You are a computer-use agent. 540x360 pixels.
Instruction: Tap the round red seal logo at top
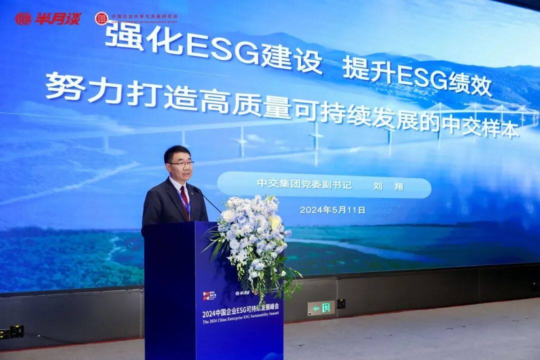pos(101,18)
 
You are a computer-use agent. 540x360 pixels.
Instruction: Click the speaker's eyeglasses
pos(180,163)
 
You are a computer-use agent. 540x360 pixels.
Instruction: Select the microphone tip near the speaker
pos(196,190)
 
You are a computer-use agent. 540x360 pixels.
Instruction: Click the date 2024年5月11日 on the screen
pos(332,210)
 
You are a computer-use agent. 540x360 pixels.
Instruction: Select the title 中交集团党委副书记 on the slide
pos(304,184)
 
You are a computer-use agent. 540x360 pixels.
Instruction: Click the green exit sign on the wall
pos(321,308)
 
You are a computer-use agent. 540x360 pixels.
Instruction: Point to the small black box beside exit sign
pos(341,303)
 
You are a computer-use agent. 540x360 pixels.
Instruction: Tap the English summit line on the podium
pos(240,321)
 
